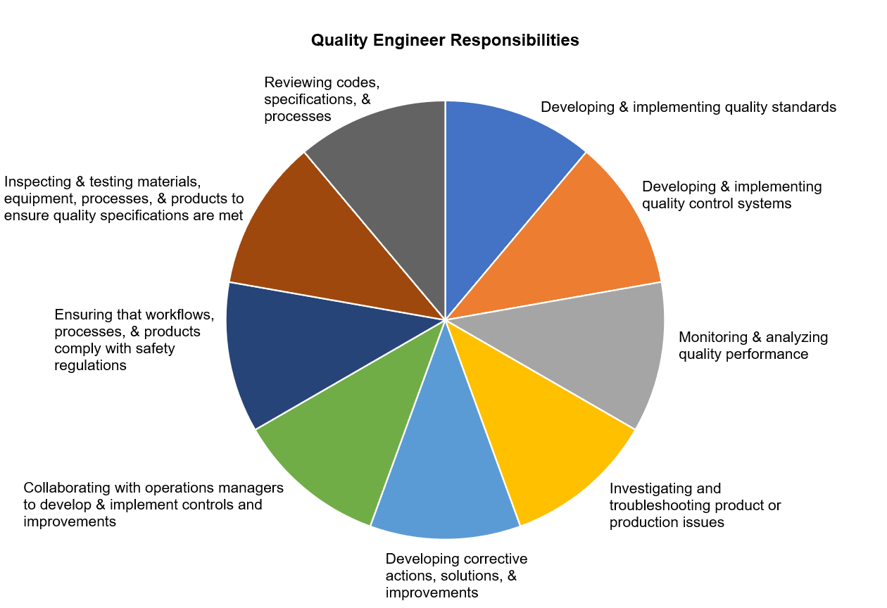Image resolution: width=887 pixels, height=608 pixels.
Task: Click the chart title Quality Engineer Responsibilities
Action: [445, 40]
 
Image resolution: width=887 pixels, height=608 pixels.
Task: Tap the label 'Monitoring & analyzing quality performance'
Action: [753, 346]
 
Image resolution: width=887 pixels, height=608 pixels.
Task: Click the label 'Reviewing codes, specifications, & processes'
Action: [322, 99]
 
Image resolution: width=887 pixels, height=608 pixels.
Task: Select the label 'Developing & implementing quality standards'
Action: [688, 107]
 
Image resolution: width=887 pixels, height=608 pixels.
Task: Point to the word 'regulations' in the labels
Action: [90, 365]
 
